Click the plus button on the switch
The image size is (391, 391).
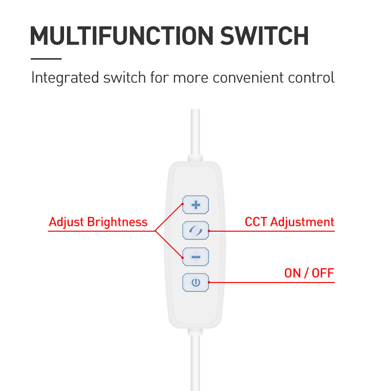(x=195, y=205)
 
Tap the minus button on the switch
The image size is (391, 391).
(x=195, y=257)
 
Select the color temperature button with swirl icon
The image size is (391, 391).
(x=195, y=230)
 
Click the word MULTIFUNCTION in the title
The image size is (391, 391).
(x=122, y=36)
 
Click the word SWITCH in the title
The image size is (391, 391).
(x=264, y=36)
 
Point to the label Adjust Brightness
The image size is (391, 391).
(x=98, y=222)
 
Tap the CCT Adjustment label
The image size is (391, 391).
(x=289, y=222)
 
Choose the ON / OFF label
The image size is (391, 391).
(x=309, y=273)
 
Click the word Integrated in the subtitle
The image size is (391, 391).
(x=65, y=78)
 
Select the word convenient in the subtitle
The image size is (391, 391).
(x=248, y=78)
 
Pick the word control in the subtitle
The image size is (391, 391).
(x=311, y=78)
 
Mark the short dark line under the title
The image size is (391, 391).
(x=46, y=59)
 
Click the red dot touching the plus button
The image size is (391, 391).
(x=183, y=204)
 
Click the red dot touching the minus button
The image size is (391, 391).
(x=183, y=258)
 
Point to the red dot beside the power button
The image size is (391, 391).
(x=209, y=282)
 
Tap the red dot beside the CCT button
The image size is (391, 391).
(x=209, y=231)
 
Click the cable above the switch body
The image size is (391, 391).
(x=195, y=131)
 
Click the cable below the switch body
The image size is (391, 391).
(x=195, y=363)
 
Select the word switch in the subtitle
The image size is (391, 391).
(x=125, y=78)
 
